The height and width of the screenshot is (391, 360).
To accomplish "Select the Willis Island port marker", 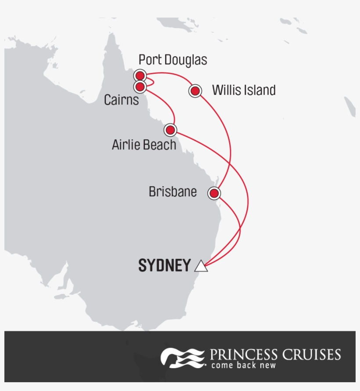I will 195,91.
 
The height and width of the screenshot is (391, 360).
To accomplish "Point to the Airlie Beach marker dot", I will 170,130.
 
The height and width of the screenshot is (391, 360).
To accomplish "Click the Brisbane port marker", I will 214,193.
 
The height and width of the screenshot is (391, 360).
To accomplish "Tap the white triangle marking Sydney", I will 201,266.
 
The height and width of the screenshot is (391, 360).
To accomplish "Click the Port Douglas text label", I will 173,60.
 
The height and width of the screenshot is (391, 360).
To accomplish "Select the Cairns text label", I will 121,100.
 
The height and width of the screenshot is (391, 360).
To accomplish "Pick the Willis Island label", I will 244,91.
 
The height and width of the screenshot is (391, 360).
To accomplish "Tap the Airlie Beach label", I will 144,145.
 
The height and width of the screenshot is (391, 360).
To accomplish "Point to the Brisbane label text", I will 173,192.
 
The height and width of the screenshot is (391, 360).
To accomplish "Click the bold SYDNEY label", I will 165,266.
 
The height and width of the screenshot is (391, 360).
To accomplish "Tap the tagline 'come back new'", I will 243,365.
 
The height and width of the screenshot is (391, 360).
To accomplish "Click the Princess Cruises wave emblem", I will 182,357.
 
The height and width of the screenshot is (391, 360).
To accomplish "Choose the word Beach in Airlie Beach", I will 160,145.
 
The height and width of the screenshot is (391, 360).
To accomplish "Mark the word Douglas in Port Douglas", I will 185,60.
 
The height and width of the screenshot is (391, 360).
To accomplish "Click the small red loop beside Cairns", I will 150,81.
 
